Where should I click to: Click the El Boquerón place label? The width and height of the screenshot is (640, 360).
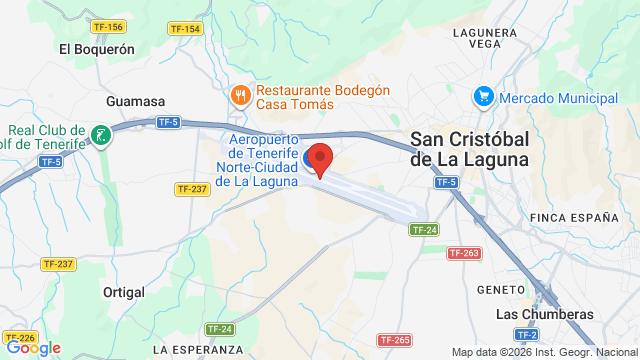pos(96,49)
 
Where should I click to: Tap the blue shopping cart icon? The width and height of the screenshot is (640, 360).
pos(484,97)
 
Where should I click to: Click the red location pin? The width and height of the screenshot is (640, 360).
pos(319,159)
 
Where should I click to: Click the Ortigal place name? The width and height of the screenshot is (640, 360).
pos(124,292)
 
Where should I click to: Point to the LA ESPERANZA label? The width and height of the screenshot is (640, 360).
pos(198,350)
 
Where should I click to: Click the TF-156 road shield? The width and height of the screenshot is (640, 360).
pos(107,27)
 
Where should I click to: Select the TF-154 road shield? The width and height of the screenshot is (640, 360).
pos(185,28)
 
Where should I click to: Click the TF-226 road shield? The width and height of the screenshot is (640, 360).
pos(20,337)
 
